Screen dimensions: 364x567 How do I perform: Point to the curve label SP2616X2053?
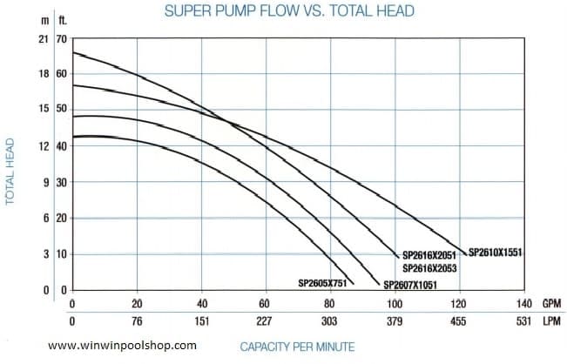[x=430, y=268]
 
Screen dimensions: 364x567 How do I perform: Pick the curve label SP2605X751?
[x=323, y=283]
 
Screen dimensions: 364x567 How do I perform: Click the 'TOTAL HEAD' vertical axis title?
[x=10, y=171]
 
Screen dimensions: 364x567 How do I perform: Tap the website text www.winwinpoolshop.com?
[x=122, y=346]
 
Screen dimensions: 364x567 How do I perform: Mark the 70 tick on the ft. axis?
[x=60, y=40]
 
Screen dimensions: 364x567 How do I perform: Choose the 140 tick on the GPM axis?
[x=523, y=303]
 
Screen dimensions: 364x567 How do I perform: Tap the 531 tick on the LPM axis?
[x=523, y=320]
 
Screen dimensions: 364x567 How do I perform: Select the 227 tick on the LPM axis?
[x=266, y=320]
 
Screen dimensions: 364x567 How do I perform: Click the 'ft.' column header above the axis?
[x=61, y=18]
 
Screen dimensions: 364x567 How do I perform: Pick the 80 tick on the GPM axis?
[x=329, y=303]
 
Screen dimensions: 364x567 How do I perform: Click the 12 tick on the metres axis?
[x=43, y=145]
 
